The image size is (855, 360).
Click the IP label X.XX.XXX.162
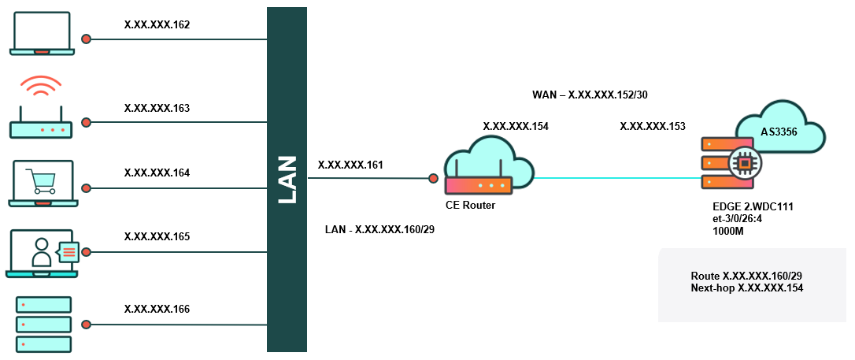157,25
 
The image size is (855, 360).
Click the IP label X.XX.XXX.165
157,236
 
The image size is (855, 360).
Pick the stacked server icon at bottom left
43,324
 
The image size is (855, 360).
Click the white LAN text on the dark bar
287,180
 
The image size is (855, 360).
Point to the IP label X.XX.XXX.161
350,165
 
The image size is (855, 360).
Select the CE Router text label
470,205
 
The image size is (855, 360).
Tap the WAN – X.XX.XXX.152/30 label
590,95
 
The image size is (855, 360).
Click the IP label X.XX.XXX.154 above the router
516,126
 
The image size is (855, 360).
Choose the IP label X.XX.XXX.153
653,126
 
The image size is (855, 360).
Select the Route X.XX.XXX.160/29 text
746,276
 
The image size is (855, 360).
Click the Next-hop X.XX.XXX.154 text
746,289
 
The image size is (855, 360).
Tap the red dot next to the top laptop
87,38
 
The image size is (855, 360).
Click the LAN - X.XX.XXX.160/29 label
379,230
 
